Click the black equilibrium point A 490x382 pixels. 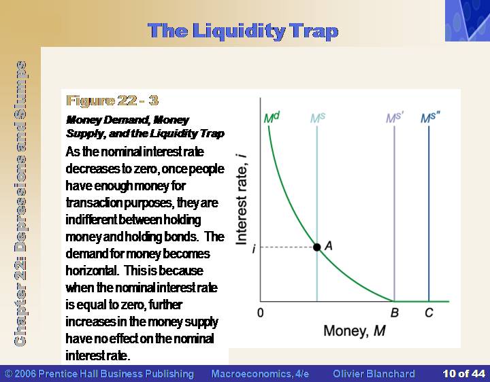[x=317, y=247]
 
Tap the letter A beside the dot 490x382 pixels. [x=329, y=246]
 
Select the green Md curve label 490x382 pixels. [x=272, y=118]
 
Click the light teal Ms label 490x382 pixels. [x=318, y=118]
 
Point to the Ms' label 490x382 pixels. [x=395, y=118]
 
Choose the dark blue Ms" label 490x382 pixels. [x=430, y=118]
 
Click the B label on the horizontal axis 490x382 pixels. [x=395, y=313]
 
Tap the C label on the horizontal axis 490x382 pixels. [x=429, y=313]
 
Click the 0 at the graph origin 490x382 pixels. [x=260, y=313]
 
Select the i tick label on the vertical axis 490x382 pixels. [x=254, y=249]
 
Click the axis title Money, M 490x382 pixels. [x=355, y=331]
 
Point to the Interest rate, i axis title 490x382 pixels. [x=242, y=199]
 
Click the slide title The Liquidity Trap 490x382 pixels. [x=243, y=31]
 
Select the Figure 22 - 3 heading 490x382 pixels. [x=112, y=101]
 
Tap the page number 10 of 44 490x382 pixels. [x=463, y=374]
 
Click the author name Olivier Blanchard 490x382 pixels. [x=374, y=374]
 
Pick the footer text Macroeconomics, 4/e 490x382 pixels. [x=260, y=374]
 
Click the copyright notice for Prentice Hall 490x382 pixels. [x=99, y=374]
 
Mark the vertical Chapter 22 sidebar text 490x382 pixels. [x=20, y=203]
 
